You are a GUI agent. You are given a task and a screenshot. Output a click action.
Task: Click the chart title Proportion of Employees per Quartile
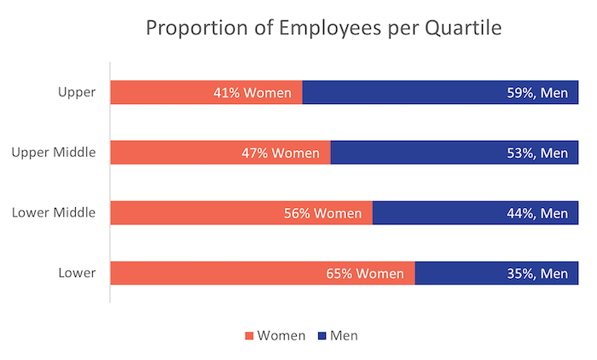323,27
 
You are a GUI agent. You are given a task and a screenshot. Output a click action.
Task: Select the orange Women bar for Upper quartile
162,92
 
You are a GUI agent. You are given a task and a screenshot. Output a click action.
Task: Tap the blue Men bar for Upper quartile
401,92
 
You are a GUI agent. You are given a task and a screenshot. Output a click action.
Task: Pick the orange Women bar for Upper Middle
171,153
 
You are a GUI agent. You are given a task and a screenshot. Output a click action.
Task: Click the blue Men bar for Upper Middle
409,153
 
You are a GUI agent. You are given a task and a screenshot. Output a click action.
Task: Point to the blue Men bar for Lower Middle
435,213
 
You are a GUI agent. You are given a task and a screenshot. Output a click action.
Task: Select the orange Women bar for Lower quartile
213,274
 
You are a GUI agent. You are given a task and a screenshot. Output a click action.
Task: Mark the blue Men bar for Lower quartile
461,274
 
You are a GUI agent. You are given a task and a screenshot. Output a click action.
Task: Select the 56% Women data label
323,213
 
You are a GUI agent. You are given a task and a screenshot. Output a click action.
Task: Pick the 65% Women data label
364,274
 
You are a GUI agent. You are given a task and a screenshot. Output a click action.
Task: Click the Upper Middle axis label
54,153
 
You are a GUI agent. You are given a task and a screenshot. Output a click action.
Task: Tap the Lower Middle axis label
54,213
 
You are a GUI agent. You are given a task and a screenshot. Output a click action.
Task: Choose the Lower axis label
77,274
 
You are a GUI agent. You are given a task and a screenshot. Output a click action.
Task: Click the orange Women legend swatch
250,336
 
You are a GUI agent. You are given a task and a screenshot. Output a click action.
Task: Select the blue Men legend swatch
322,336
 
